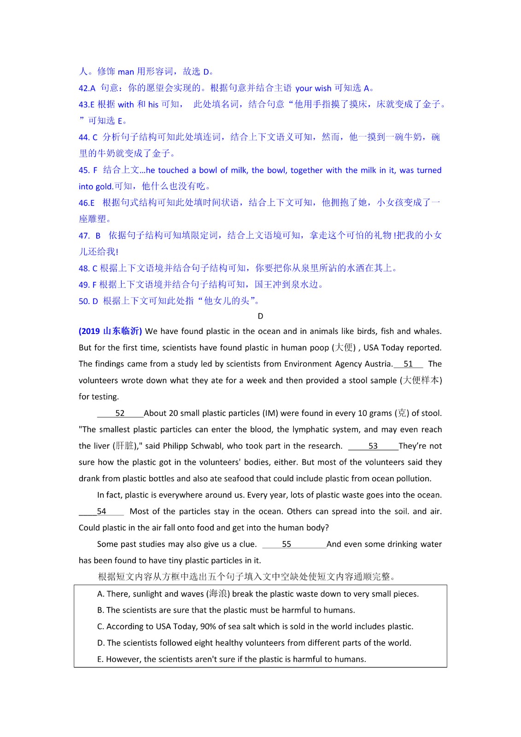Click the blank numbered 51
click(x=408, y=364)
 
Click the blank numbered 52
click(x=120, y=413)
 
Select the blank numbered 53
click(x=373, y=446)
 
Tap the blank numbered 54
click(x=101, y=511)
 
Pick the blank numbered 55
click(x=287, y=544)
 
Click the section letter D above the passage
click(x=260, y=316)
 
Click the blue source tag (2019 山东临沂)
click(x=111, y=331)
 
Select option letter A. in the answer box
click(x=101, y=594)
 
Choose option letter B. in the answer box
click(x=101, y=610)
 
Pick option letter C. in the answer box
click(x=101, y=626)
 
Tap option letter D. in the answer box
click(x=101, y=643)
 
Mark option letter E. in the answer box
click(x=100, y=659)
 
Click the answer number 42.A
click(x=87, y=88)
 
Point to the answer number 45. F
click(x=88, y=170)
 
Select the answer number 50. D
click(x=88, y=301)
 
